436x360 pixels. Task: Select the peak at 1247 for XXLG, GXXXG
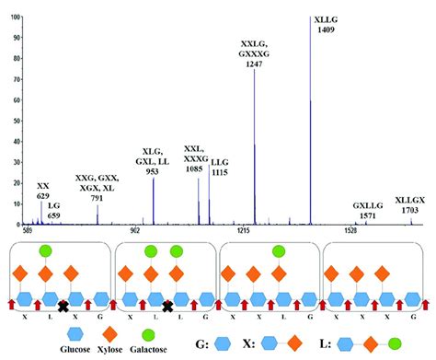point(255,147)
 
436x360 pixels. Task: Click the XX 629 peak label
point(43,191)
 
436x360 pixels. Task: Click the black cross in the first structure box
point(63,306)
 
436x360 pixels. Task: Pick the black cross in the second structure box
point(166,306)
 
